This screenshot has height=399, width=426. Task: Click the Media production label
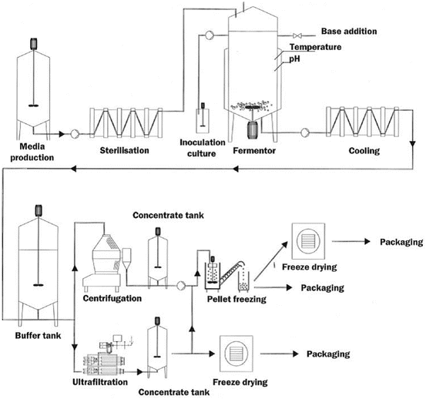(32, 152)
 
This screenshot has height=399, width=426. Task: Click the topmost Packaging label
(401, 242)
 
